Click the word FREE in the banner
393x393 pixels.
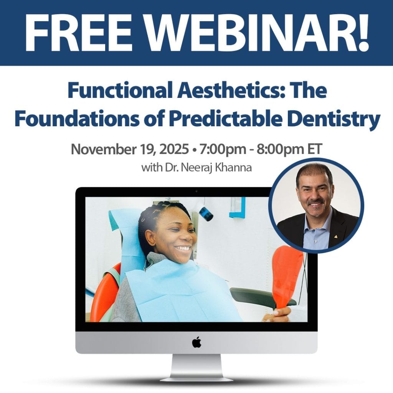(78, 33)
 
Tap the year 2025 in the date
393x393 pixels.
(174, 149)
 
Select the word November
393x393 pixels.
(104, 149)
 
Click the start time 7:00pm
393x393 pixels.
(223, 150)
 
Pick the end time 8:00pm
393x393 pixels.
(280, 150)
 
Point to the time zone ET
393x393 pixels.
(314, 149)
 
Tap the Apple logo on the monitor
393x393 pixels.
(196, 342)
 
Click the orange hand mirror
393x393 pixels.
(286, 277)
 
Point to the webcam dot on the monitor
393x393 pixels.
(196, 192)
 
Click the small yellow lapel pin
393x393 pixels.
(335, 236)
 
